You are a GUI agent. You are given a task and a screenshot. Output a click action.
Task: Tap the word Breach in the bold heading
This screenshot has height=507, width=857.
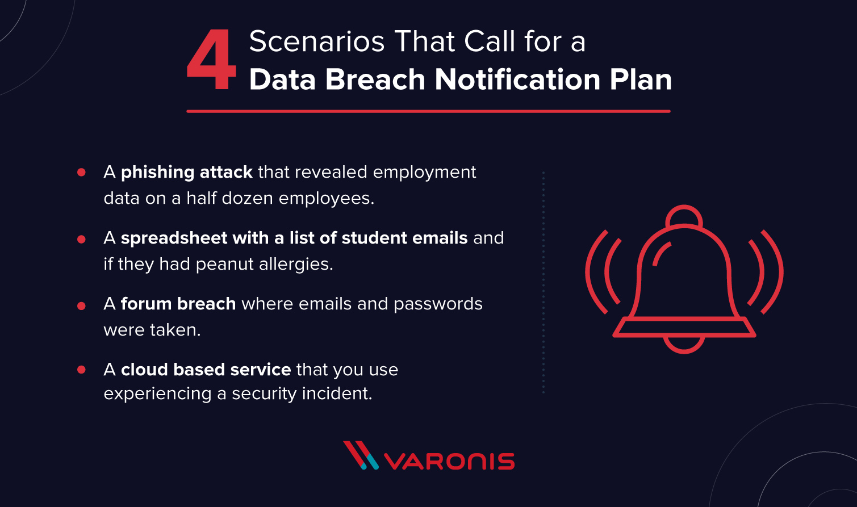[x=375, y=79]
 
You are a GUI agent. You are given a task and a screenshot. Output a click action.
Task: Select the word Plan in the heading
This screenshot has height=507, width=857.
[x=641, y=79]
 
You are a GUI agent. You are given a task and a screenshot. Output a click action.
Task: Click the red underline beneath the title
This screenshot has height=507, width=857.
[x=428, y=111]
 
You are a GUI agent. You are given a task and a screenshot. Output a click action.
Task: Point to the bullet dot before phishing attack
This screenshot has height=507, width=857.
[x=81, y=172]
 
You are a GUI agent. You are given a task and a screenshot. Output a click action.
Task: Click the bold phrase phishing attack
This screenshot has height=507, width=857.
[x=187, y=172]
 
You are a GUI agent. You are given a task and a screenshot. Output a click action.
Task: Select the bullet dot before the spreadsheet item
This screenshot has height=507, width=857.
[x=81, y=239]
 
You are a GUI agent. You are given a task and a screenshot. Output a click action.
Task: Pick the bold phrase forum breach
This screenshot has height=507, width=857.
[x=178, y=304]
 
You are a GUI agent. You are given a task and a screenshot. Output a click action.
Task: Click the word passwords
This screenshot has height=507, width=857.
[x=438, y=304]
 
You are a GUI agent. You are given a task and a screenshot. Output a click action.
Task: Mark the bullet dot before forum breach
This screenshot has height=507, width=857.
[x=81, y=305]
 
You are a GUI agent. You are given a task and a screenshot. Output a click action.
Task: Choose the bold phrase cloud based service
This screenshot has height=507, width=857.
[x=206, y=370]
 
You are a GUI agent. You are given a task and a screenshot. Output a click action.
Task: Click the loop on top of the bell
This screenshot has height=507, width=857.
[x=684, y=216]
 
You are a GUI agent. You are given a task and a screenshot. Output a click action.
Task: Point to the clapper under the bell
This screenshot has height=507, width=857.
[x=684, y=345]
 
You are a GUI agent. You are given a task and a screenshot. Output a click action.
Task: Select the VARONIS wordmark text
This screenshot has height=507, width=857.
[x=449, y=461]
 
